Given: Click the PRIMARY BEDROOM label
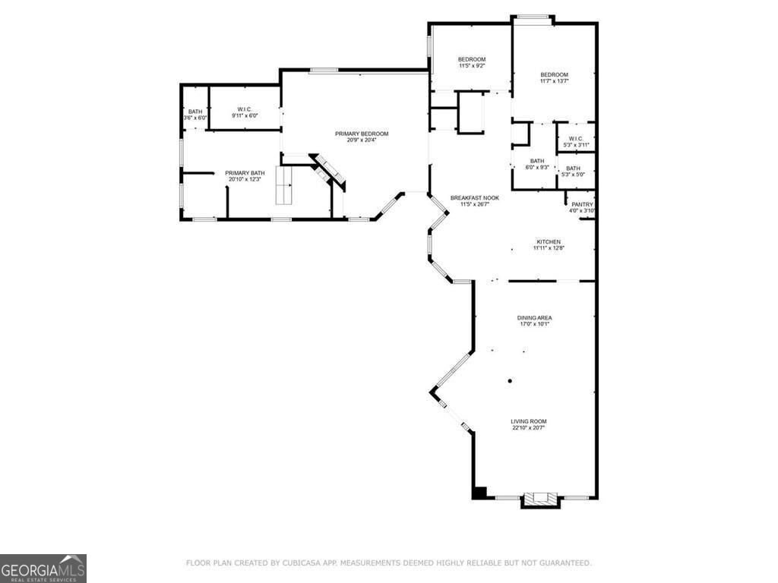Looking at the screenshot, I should click(362, 134).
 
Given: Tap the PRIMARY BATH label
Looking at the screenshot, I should click(245, 173).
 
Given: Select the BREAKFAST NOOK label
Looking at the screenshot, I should click(474, 197).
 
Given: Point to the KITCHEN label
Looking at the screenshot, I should click(548, 241).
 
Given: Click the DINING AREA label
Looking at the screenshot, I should click(534, 317).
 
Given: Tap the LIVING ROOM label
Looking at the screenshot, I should click(528, 421).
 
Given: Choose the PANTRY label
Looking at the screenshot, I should click(582, 204).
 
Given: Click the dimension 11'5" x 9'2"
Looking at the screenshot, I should click(472, 66).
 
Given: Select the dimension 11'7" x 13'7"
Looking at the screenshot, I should click(554, 80).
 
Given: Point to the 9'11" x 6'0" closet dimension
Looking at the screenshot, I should click(245, 116).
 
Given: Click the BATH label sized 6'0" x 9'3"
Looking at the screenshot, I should click(537, 161).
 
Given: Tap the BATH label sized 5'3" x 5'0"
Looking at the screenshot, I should click(573, 169).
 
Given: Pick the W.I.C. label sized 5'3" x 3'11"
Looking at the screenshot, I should click(575, 138).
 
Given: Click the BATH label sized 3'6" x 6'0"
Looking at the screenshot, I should click(195, 112).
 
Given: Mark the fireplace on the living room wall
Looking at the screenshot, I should click(540, 499).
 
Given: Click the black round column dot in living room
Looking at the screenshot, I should click(511, 380).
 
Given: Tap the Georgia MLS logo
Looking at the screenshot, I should click(43, 569).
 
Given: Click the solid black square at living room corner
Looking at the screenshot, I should click(479, 493).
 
